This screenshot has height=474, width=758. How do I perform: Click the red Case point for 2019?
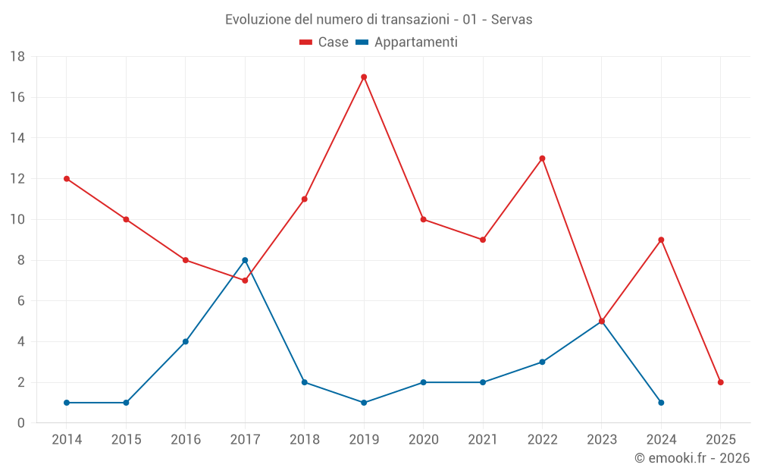pos(364,77)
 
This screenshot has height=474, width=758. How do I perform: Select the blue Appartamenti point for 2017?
pos(245,260)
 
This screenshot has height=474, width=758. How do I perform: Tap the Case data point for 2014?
pos(67,179)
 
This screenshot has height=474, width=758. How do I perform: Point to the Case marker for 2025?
pos(720,382)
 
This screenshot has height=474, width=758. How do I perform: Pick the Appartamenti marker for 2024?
pos(661,403)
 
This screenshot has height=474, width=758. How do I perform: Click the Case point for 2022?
pos(542,159)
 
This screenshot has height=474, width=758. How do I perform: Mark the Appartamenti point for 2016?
pos(186,341)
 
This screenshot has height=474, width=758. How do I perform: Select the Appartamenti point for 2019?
pos(364,403)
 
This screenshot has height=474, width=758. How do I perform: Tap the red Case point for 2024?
pos(661,240)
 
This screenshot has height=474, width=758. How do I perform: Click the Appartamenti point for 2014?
pos(67,403)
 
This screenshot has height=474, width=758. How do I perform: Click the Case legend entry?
pos(324,42)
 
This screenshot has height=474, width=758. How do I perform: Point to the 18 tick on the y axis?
pos(17,57)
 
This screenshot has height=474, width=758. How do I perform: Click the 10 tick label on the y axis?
pos(17,220)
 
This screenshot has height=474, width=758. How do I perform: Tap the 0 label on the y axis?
pos(21,423)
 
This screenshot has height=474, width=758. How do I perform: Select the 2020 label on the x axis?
pos(423,440)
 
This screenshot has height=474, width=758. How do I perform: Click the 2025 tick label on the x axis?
pos(720,440)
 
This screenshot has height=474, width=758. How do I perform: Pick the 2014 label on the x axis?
pos(67,440)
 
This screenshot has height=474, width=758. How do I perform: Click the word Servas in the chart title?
pos(512,20)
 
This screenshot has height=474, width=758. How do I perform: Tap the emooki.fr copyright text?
pos(692,458)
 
